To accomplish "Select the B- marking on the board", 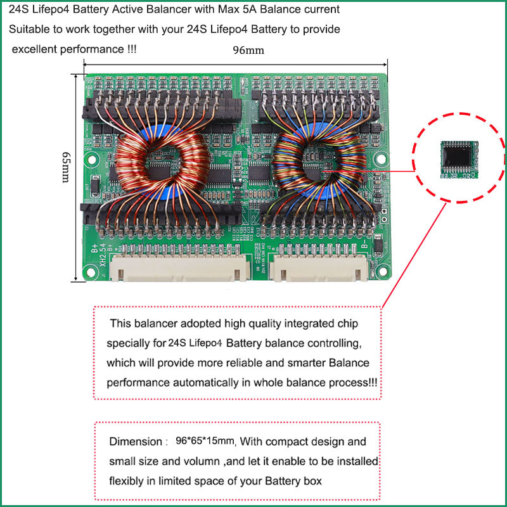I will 366,245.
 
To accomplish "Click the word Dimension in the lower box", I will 134,441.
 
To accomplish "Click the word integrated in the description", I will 296,323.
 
